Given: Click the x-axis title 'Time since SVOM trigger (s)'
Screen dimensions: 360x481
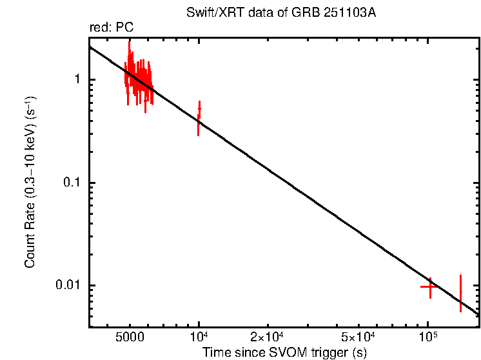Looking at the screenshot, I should coord(284,352).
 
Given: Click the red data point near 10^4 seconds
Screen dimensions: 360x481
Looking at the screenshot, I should coord(199,118).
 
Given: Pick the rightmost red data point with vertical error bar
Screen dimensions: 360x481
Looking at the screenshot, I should coord(460,293).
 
